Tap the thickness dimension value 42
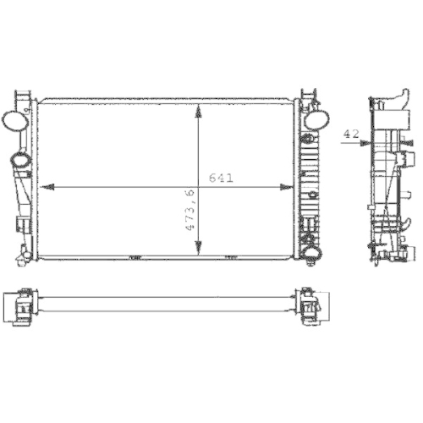coord(350,133)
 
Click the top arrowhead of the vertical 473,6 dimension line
coord(199,109)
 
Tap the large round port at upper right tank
coord(315,119)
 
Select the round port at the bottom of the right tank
coord(310,251)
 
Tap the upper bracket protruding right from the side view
coord(410,158)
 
